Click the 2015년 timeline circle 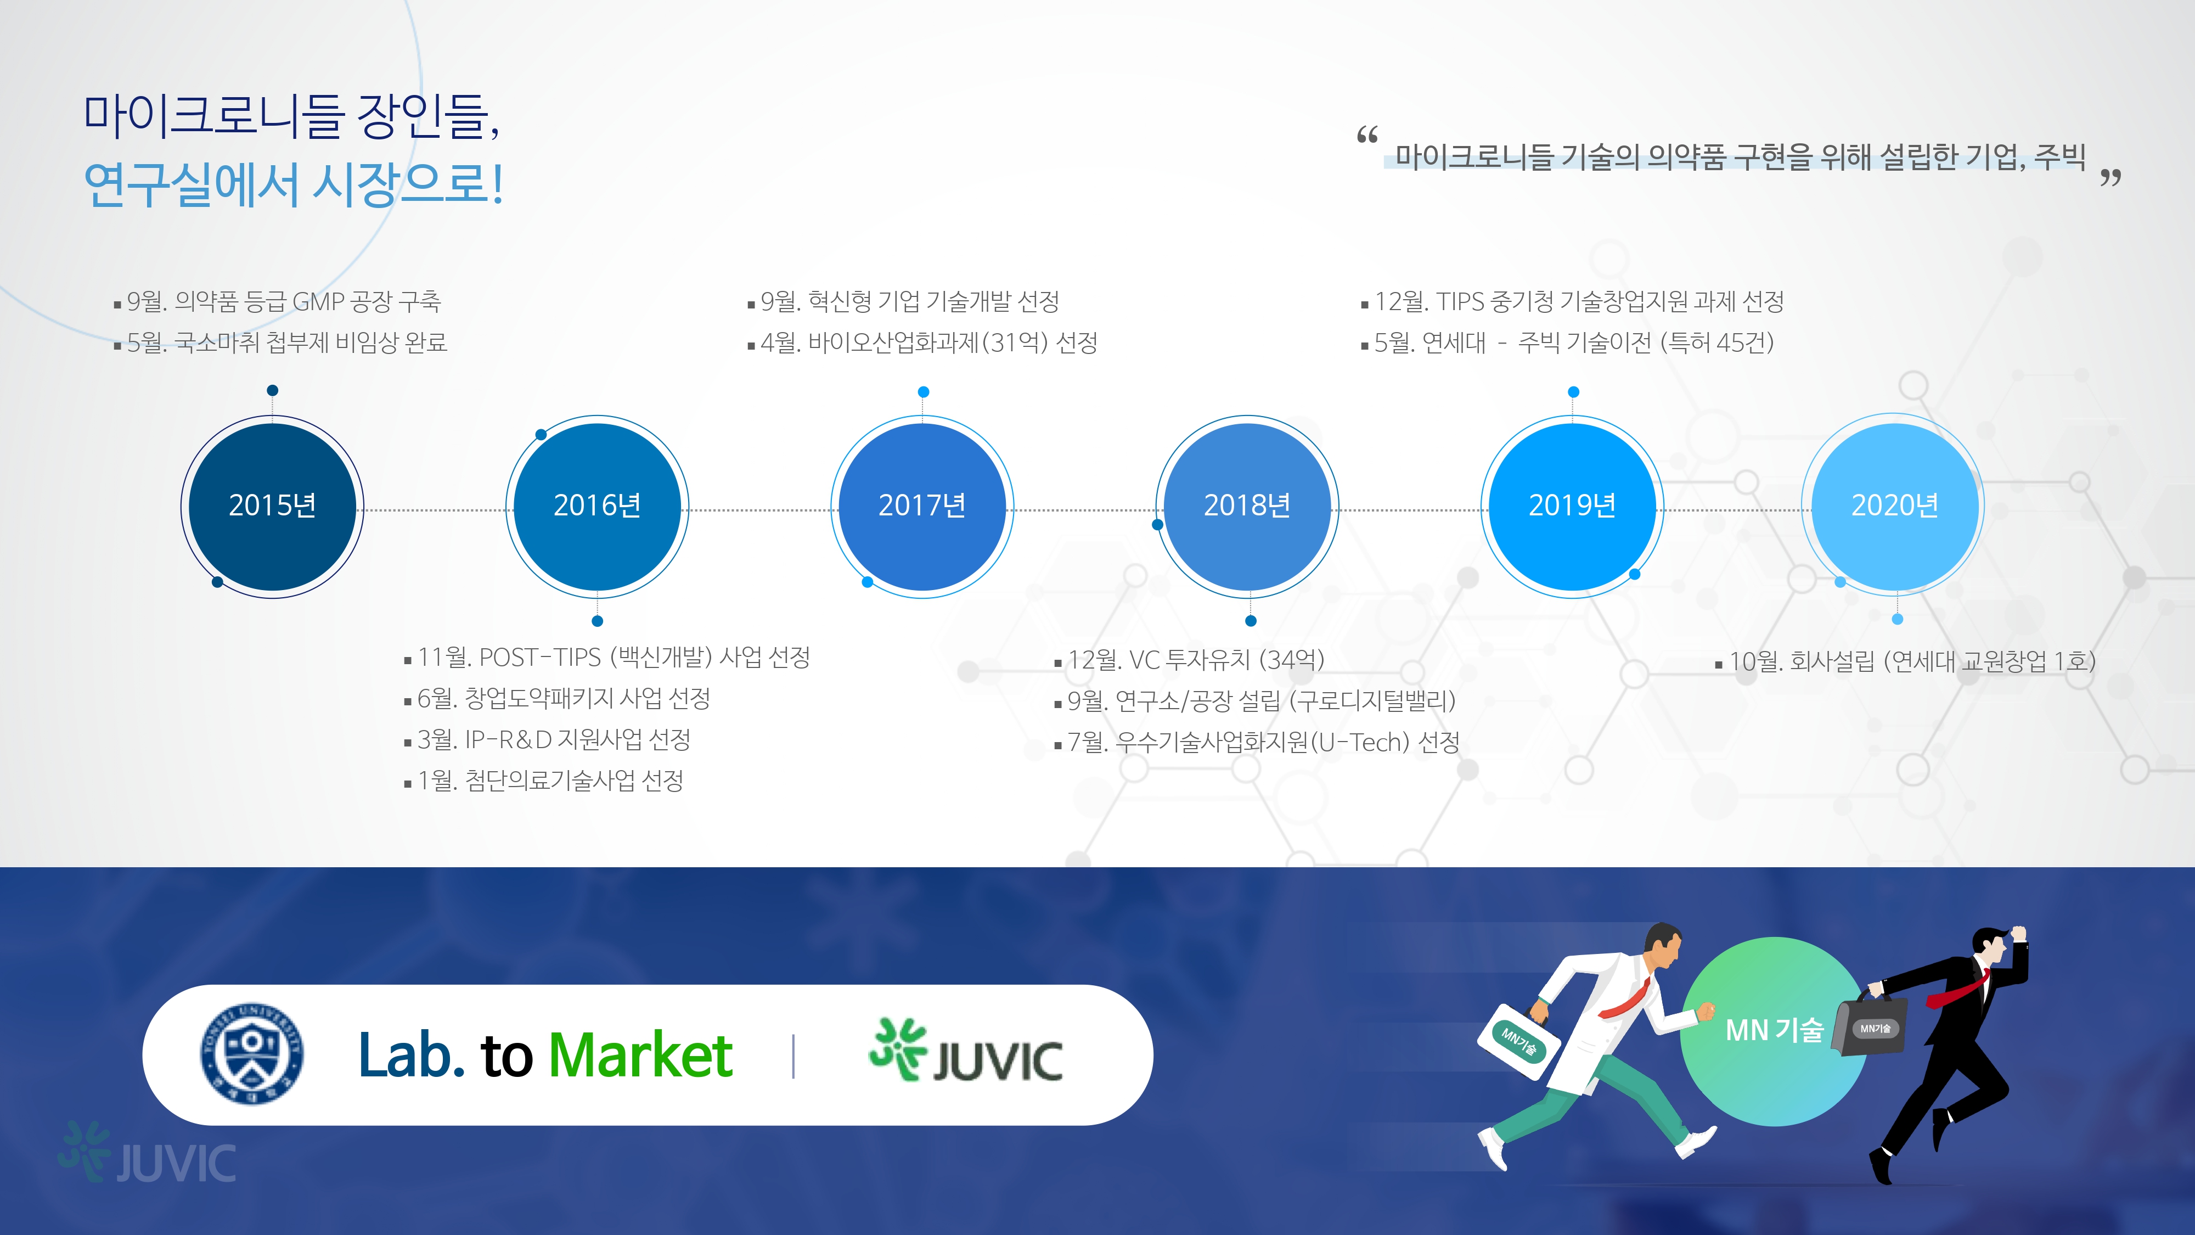pos(273,506)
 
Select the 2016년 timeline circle pos(598,506)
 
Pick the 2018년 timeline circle pos(1247,506)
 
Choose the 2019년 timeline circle pos(1572,506)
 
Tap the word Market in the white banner pos(640,1055)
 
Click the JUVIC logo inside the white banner pos(965,1051)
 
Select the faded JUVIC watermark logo pos(147,1153)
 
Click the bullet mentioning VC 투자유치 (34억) pos(1190,659)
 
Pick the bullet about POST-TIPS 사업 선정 pos(607,657)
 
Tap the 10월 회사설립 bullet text pos(1906,660)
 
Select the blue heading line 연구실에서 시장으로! pos(294,184)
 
